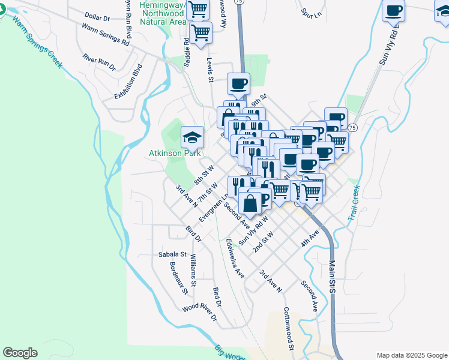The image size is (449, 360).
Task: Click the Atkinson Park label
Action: click(174, 153)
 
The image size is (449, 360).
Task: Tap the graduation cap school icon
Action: click(192, 137)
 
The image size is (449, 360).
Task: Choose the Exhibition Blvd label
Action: click(129, 82)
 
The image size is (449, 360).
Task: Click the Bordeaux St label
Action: click(179, 278)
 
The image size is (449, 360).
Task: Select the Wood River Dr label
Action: click(199, 314)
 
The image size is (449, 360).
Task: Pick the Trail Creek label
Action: click(355, 205)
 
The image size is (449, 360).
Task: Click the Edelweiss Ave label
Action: click(235, 258)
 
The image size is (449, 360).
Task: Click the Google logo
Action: click(20, 353)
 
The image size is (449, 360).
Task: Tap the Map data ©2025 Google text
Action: click(412, 355)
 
